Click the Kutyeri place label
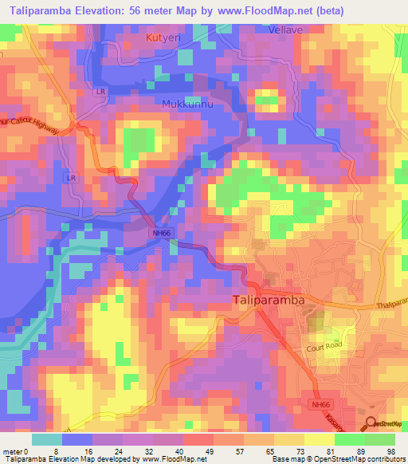(x=162, y=37)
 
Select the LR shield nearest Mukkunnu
(x=101, y=92)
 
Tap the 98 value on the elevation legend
(x=390, y=452)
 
